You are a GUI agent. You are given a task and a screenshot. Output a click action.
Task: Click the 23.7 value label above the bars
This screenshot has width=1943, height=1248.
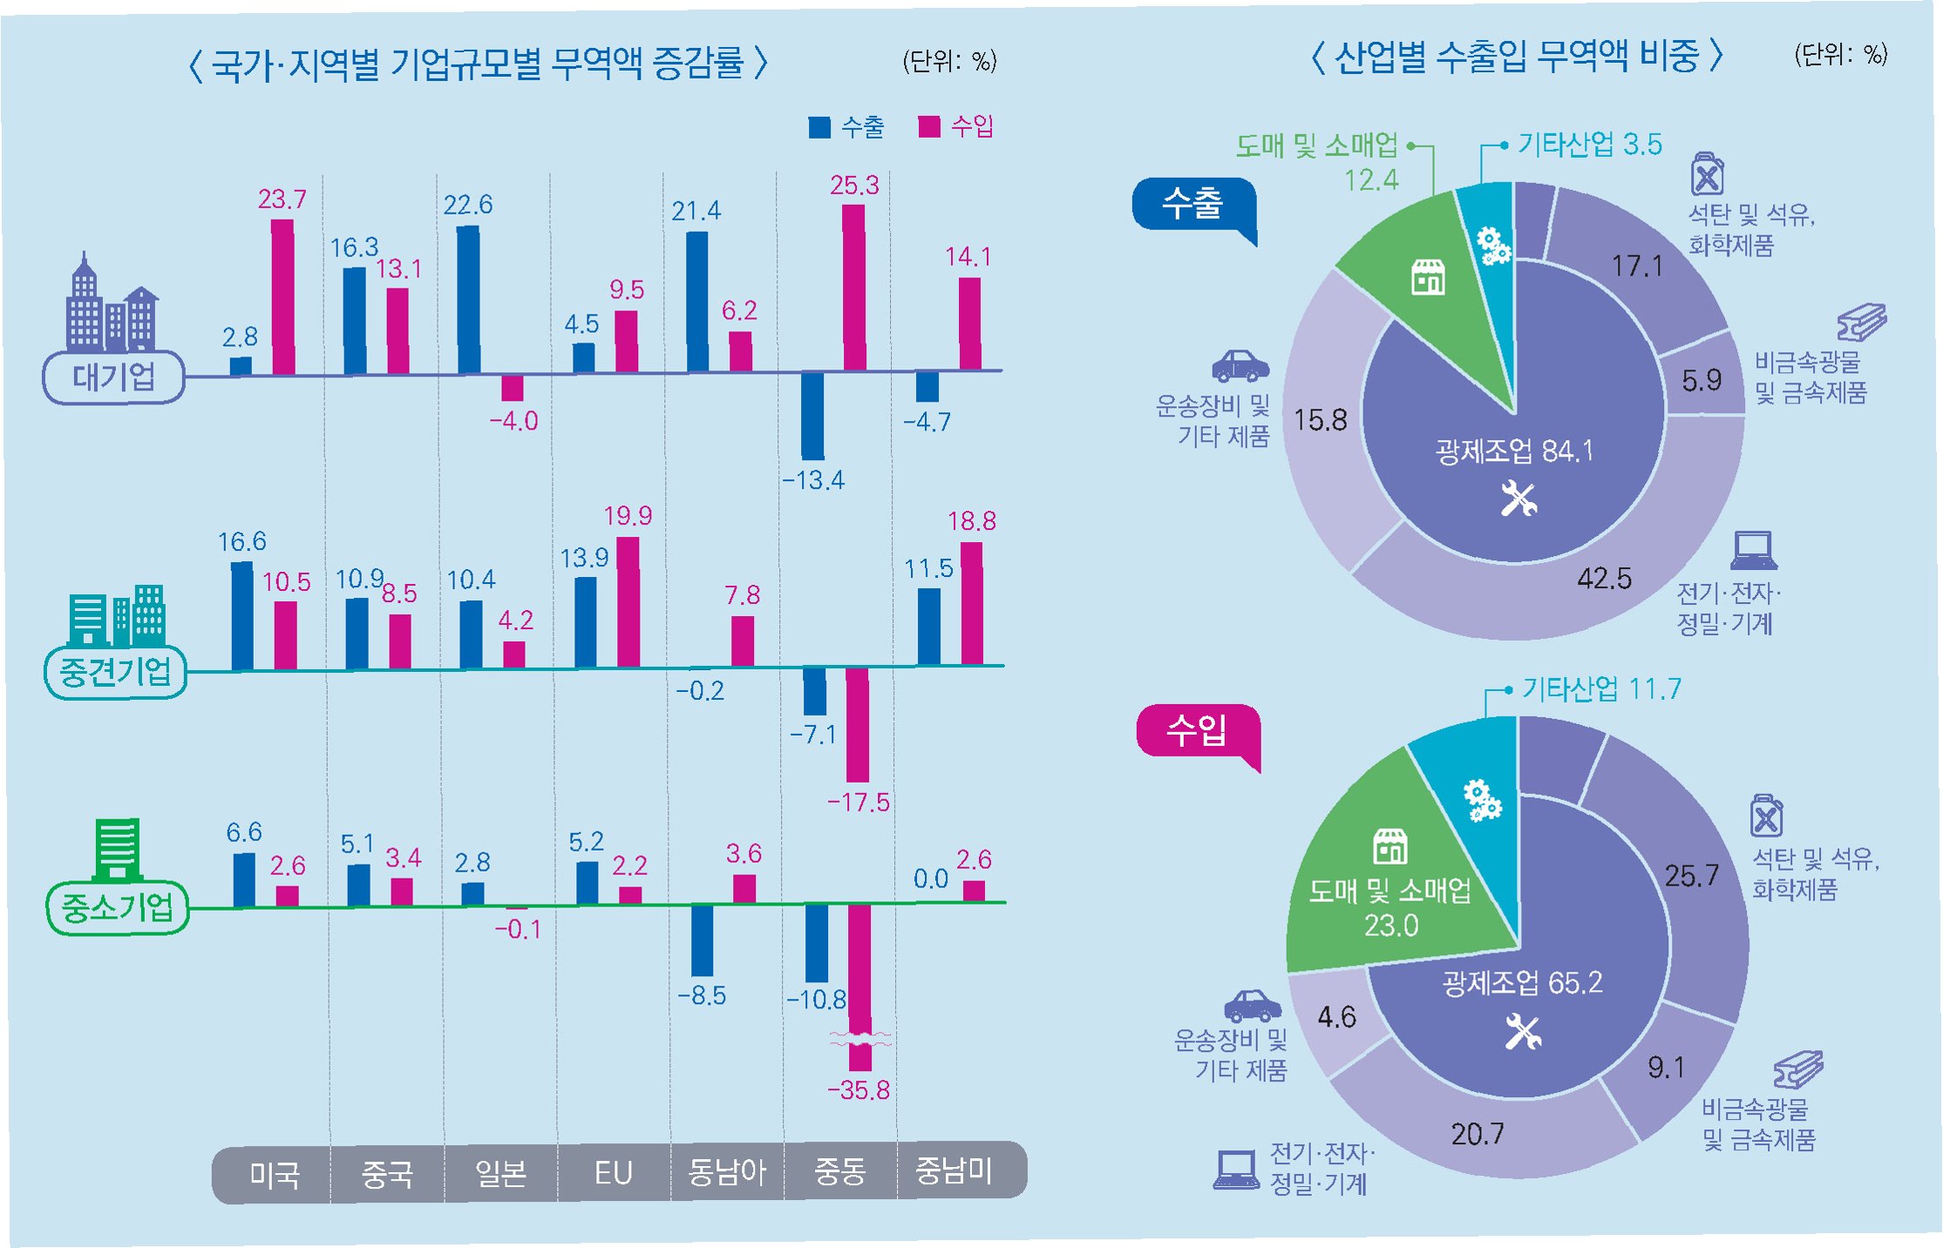pyautogui.click(x=282, y=200)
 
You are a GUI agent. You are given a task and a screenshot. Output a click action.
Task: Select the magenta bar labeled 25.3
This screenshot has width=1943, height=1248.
pyautogui.click(x=853, y=288)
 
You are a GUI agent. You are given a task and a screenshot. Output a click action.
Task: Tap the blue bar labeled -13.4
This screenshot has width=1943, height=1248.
pyautogui.click(x=812, y=416)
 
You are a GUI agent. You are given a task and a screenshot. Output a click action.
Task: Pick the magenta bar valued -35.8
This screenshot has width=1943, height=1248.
pyautogui.click(x=859, y=985)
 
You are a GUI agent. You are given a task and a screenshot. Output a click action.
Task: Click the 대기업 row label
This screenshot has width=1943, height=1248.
pyautogui.click(x=113, y=377)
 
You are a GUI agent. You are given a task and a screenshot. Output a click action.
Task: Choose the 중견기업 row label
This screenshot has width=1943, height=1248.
pyautogui.click(x=115, y=672)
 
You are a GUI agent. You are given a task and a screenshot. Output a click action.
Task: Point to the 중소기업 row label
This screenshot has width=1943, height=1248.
pyautogui.click(x=117, y=908)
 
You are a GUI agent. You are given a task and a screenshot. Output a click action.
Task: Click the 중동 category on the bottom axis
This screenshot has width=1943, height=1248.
pyautogui.click(x=839, y=1172)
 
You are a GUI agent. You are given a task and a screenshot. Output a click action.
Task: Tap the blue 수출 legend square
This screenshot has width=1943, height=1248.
pyautogui.click(x=819, y=127)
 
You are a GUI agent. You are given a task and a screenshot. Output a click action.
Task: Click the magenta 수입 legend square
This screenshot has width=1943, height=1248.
pyautogui.click(x=929, y=127)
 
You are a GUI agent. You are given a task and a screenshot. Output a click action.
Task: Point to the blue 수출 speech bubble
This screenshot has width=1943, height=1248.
pyautogui.click(x=1193, y=205)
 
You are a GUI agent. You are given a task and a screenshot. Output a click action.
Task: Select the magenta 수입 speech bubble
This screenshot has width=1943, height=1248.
pyautogui.click(x=1198, y=730)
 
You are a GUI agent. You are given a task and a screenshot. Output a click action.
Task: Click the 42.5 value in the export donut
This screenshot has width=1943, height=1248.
pyautogui.click(x=1604, y=578)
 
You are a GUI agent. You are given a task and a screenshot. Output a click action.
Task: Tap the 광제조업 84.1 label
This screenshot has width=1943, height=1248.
pyautogui.click(x=1514, y=451)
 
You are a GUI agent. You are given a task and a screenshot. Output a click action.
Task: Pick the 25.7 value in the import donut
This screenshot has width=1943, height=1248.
pyautogui.click(x=1691, y=875)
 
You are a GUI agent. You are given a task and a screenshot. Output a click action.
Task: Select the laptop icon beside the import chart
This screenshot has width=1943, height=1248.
pyautogui.click(x=1236, y=1169)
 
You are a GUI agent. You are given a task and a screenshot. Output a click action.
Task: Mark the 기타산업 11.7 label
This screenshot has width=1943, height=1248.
pyautogui.click(x=1601, y=689)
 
